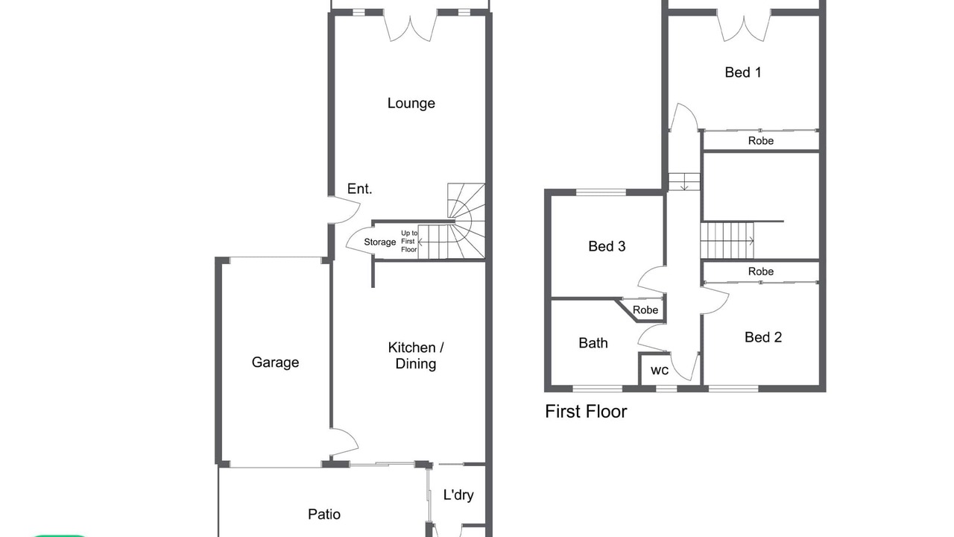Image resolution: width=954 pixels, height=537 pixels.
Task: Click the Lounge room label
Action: coord(411,104)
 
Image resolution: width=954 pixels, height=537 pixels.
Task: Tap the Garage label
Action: coord(275,362)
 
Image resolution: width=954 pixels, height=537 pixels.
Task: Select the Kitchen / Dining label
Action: coord(416,356)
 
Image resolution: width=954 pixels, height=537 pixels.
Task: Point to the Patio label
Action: coord(324,515)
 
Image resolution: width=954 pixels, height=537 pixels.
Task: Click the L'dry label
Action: coord(458,494)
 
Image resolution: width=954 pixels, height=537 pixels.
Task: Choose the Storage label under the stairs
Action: coord(380,242)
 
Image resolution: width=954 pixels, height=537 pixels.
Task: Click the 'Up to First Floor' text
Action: coord(409,241)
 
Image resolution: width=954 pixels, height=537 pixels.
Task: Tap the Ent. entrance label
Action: coord(359,189)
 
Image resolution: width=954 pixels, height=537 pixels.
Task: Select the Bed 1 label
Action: coord(743,72)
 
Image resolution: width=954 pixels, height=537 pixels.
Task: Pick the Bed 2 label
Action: coord(763,338)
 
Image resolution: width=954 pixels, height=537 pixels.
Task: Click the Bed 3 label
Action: coord(607,246)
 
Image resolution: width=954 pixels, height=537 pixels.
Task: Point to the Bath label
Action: coord(593,343)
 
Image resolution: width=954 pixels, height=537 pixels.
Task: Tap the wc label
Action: coord(660,371)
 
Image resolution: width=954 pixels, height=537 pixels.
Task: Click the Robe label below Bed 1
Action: coord(761,141)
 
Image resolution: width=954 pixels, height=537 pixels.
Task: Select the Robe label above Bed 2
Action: coord(761,271)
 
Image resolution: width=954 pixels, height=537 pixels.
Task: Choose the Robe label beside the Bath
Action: coord(645,310)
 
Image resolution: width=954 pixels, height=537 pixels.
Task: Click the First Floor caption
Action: coord(586,412)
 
